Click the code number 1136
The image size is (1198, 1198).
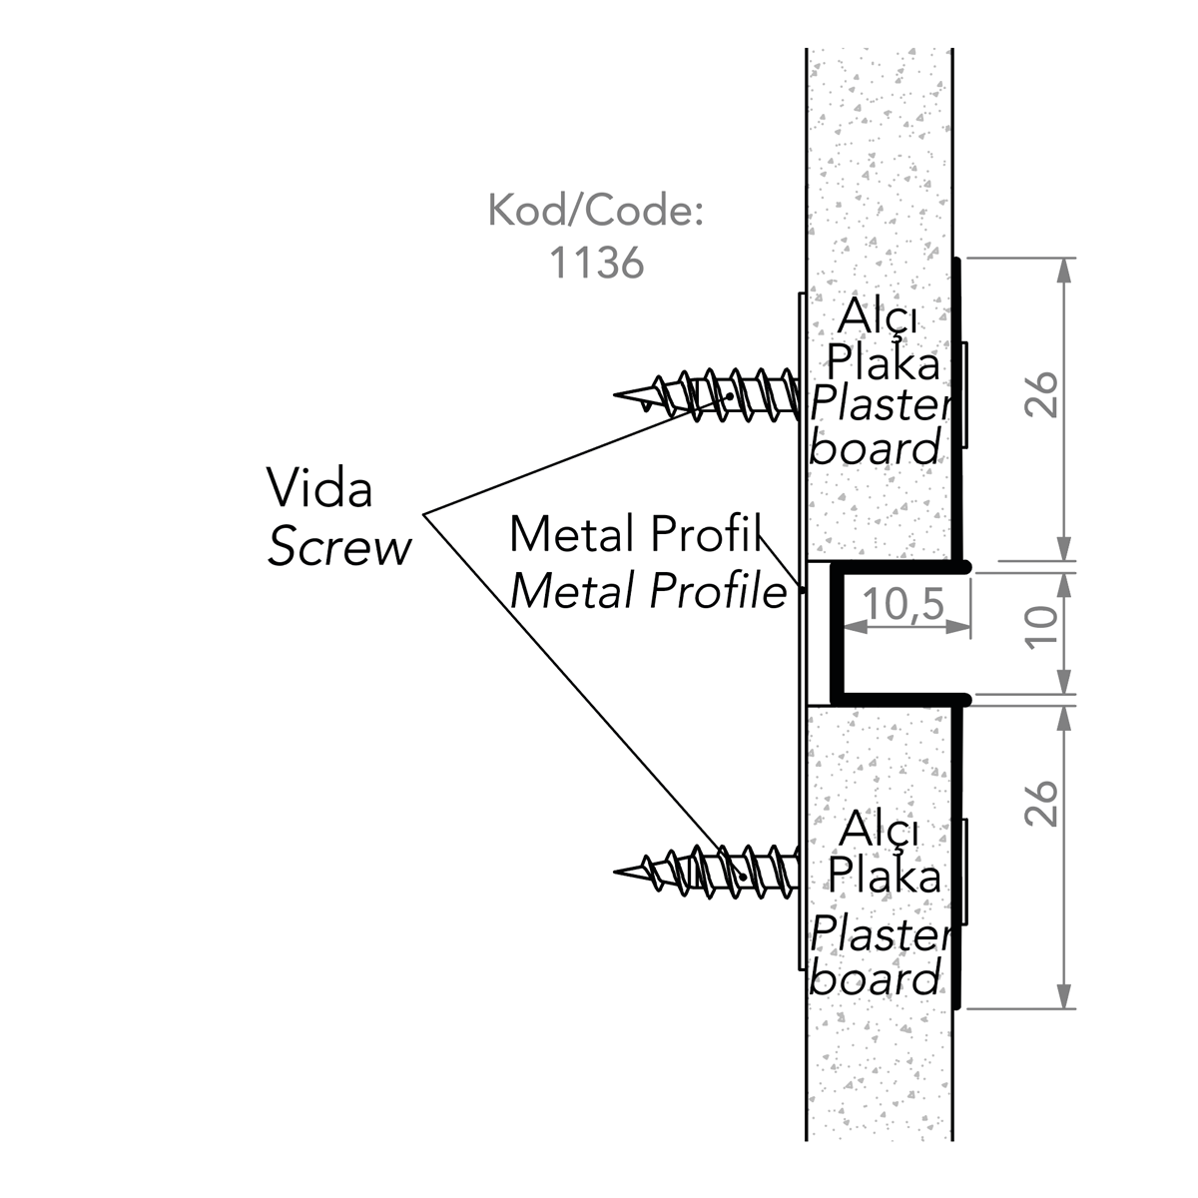tap(596, 262)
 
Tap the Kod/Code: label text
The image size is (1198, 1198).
tap(595, 212)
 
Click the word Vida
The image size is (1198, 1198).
tap(318, 489)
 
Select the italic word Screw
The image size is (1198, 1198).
tap(338, 548)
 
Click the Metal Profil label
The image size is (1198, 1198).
tap(635, 535)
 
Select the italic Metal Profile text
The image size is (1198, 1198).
tap(648, 592)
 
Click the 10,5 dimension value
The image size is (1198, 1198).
tap(903, 604)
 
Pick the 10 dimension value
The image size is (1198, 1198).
tap(1040, 628)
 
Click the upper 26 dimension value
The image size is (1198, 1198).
tap(1040, 394)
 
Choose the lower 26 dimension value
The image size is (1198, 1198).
tap(1040, 804)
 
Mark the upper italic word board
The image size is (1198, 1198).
tap(876, 449)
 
